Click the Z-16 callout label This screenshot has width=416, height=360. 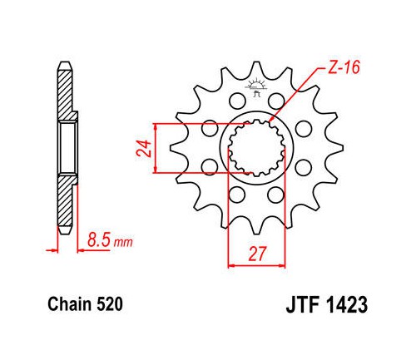click(x=344, y=67)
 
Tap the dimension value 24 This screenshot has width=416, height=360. click(x=144, y=149)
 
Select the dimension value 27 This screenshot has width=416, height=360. click(x=257, y=254)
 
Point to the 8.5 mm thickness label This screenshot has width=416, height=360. click(x=110, y=240)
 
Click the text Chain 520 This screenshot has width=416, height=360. click(x=85, y=304)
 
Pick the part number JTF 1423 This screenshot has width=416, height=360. click(x=327, y=304)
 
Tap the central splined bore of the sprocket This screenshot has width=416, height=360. click(x=256, y=148)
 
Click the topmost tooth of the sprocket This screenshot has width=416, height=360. click(x=256, y=68)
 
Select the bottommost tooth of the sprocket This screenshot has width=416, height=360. click(x=256, y=227)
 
